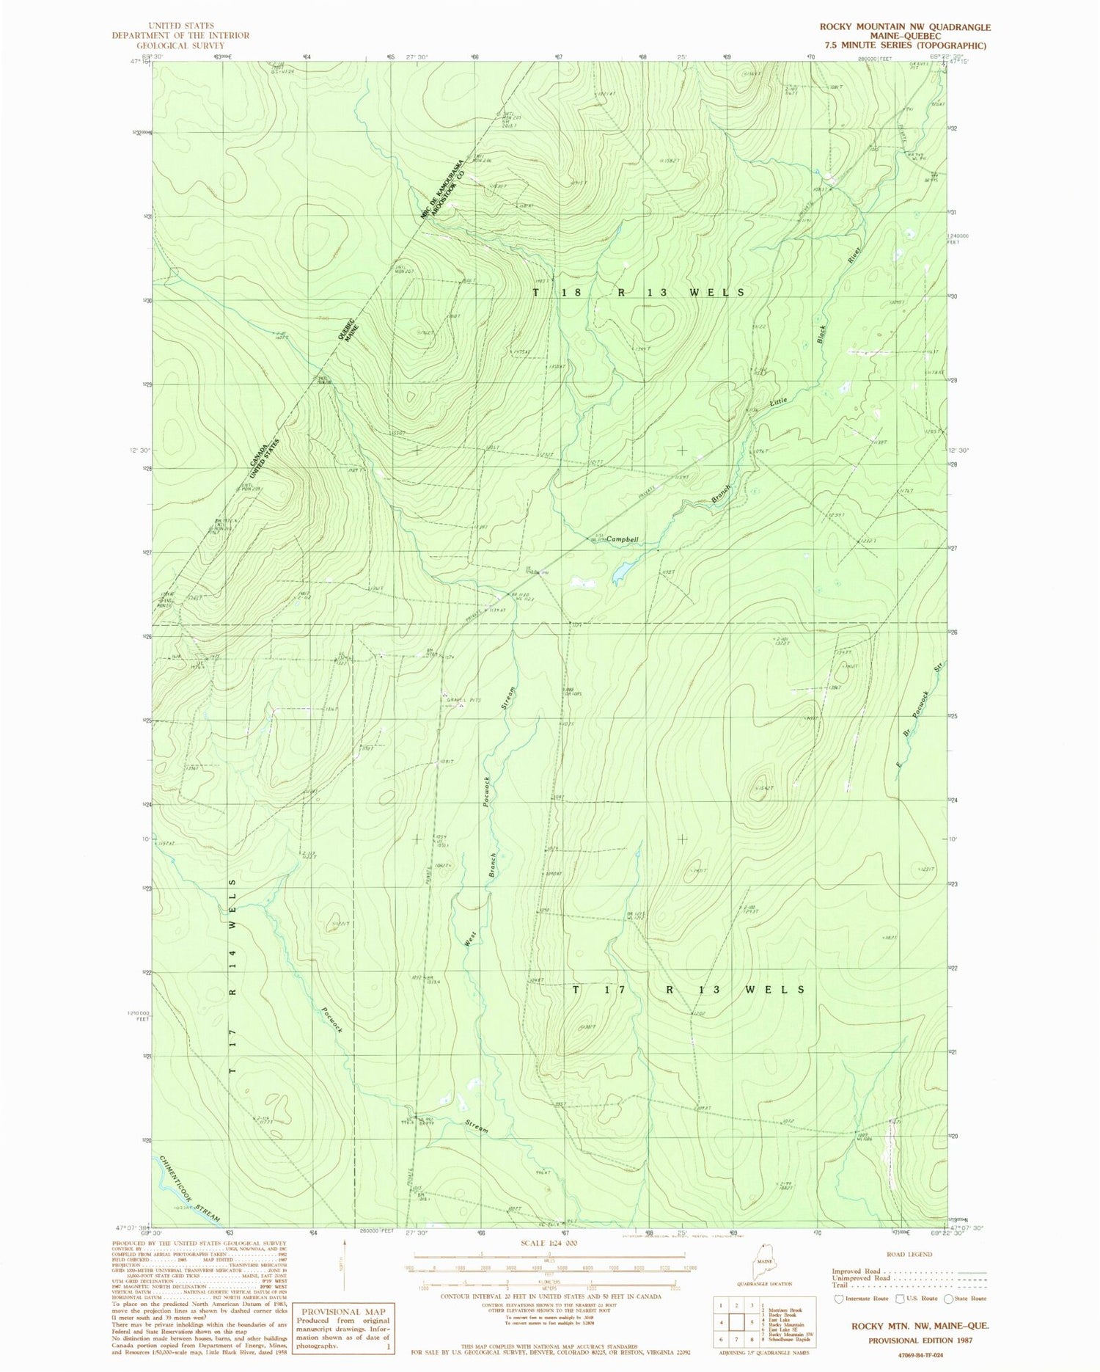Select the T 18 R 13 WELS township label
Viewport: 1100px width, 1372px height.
(638, 292)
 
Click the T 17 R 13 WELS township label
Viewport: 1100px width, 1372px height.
(688, 990)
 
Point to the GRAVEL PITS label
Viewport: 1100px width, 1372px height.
(463, 701)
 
